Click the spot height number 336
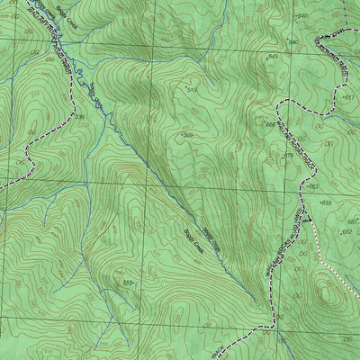coord(79,116)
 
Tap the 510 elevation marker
coord(191,90)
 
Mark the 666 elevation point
coord(269,124)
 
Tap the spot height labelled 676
coord(288,155)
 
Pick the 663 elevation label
coord(312,186)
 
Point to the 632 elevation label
coord(345,231)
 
